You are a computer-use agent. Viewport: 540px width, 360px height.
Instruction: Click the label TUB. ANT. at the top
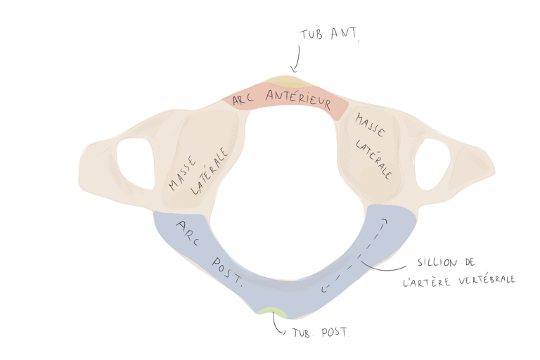pyautogui.click(x=329, y=35)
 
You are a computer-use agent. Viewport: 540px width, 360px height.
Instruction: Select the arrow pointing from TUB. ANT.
pyautogui.click(x=297, y=58)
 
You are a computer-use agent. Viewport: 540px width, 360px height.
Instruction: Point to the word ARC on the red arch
pyautogui.click(x=244, y=99)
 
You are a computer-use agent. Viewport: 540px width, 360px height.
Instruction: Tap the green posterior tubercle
pyautogui.click(x=270, y=311)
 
